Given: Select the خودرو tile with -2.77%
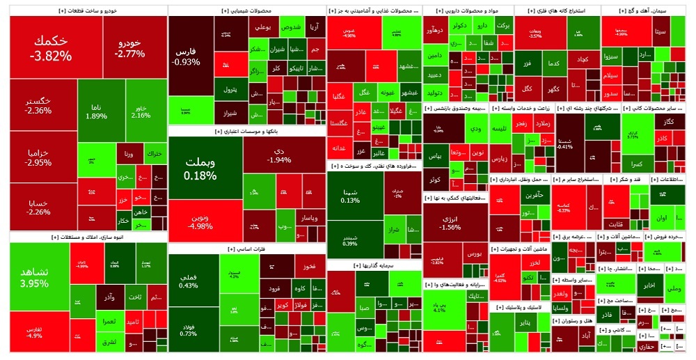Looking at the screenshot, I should pyautogui.click(x=131, y=47).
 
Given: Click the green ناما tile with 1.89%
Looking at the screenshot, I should pyautogui.click(x=97, y=111).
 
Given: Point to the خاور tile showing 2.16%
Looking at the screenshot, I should pyautogui.click(x=141, y=111).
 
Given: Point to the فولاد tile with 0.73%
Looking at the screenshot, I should pyautogui.click(x=189, y=329).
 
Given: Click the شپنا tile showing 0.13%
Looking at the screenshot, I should pyautogui.click(x=351, y=196).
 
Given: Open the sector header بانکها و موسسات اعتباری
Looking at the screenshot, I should pyautogui.click(x=247, y=131).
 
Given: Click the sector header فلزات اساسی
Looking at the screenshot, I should pyautogui.click(x=247, y=249).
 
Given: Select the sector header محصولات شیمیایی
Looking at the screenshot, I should pyautogui.click(x=247, y=11).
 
